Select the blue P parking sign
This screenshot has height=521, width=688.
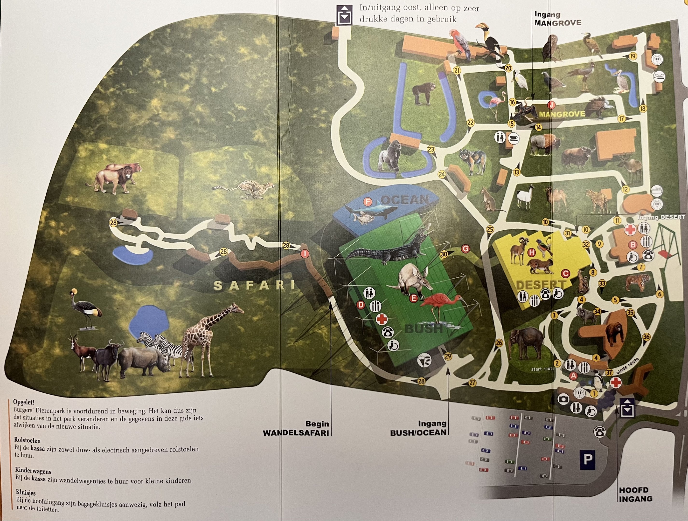click(587, 459)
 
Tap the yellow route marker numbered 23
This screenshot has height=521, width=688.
click(431, 150)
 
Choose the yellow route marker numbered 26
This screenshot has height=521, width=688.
click(499, 343)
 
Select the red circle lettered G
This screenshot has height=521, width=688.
click(465, 249)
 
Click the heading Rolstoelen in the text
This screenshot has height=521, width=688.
click(27, 440)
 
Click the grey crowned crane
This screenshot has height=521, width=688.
click(85, 308)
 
